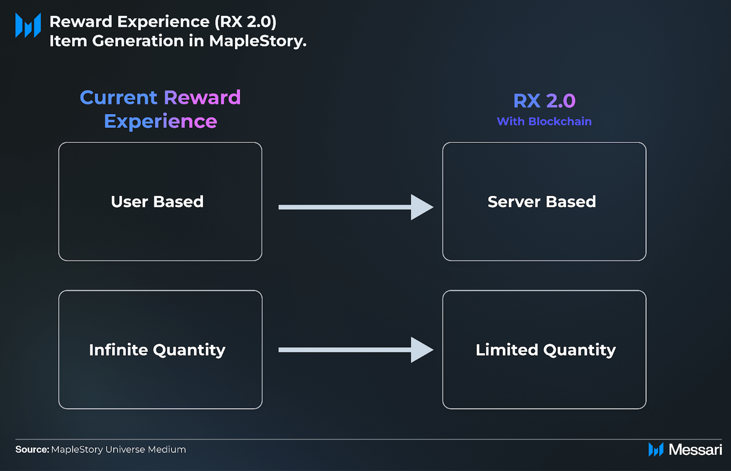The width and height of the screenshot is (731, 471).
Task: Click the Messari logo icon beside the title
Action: pos(28,25)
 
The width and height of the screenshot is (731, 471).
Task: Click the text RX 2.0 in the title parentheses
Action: pos(245,22)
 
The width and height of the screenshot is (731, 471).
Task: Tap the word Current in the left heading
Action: pos(118,98)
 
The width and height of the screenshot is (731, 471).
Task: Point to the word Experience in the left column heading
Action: pos(160,122)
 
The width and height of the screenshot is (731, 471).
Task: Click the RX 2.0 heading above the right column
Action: pos(544,101)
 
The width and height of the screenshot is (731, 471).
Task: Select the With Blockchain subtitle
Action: pos(544,122)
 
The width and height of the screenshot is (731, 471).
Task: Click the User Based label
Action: pos(157,202)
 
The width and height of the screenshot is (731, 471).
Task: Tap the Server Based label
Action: pos(542,202)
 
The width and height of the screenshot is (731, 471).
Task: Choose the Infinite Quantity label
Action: pos(157,350)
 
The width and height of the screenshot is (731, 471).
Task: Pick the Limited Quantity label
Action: pos(546,350)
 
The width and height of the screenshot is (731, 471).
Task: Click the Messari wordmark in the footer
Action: pos(696,449)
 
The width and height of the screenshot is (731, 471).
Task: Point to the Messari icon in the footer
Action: pos(656,449)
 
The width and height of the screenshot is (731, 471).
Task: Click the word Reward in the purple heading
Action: pos(202,98)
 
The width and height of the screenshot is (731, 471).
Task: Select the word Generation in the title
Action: pos(138,41)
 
